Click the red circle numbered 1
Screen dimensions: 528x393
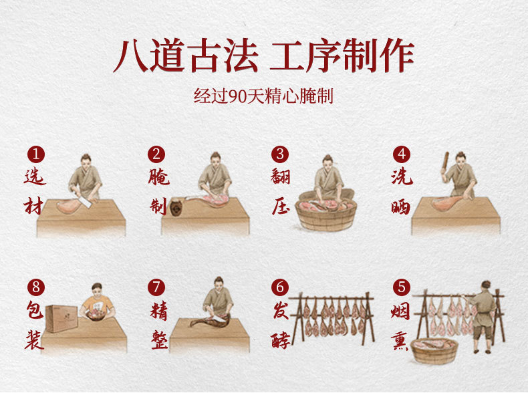(36, 154)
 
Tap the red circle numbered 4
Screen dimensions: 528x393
(402, 154)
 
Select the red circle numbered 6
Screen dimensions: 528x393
(280, 287)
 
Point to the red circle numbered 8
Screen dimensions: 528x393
(36, 287)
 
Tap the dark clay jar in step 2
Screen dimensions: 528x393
(175, 207)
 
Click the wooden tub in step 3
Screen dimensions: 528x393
(325, 215)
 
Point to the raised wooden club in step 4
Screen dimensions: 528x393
(446, 162)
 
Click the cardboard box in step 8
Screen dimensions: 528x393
(61, 318)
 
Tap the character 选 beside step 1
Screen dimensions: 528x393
(34, 176)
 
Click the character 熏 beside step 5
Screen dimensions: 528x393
(400, 340)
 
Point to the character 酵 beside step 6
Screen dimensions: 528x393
(280, 340)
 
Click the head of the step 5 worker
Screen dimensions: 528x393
(486, 285)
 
